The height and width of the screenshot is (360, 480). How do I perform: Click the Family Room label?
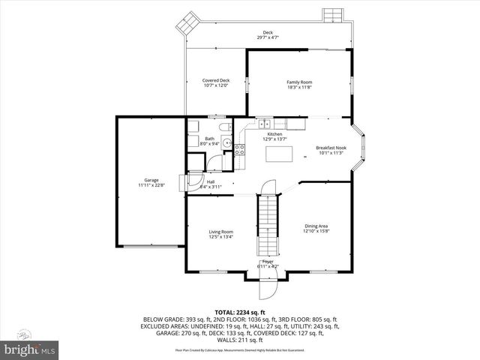[299, 82]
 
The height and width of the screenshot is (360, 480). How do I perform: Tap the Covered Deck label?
[216, 80]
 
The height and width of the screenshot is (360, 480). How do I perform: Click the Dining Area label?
[316, 226]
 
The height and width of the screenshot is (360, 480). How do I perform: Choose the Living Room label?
[220, 232]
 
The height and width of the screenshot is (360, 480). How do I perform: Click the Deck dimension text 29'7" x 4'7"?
[268, 37]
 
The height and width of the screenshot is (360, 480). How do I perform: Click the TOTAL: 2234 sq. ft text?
[240, 311]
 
